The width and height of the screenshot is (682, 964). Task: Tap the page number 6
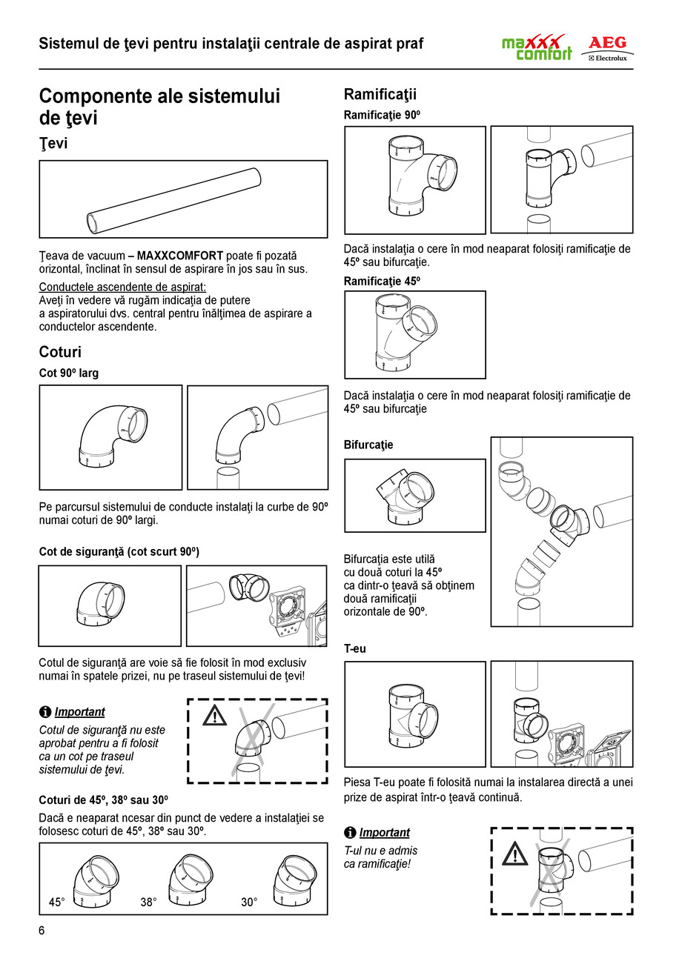coord(42,931)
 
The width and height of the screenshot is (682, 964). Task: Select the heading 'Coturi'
coord(60,352)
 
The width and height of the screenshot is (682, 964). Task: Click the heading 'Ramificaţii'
coord(380,94)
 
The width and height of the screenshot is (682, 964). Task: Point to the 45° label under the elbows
coord(57,902)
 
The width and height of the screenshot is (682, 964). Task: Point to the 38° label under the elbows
coord(149,902)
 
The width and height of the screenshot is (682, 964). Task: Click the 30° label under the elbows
coord(249,902)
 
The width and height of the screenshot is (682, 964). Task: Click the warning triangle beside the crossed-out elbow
coord(214,716)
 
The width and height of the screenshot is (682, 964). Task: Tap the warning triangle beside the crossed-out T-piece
coord(514,854)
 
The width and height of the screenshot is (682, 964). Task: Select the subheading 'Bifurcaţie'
coord(368,445)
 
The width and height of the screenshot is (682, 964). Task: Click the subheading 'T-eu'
coord(355,648)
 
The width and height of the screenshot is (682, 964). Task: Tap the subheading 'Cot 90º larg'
coord(68,373)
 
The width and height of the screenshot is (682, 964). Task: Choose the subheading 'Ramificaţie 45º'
coord(382,281)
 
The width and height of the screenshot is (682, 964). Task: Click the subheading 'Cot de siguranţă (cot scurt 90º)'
coord(119,552)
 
